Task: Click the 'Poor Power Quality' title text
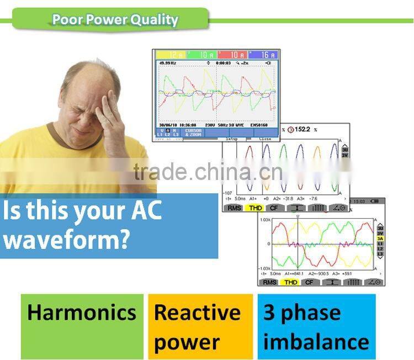(115, 20)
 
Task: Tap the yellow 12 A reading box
(172, 55)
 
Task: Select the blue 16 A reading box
(262, 55)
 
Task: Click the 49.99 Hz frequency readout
(168, 63)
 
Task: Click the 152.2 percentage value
(304, 129)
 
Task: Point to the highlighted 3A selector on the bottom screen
(380, 239)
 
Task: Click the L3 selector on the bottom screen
(380, 253)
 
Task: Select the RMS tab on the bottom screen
(269, 282)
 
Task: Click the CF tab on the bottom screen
(309, 282)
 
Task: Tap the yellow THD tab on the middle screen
(255, 208)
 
